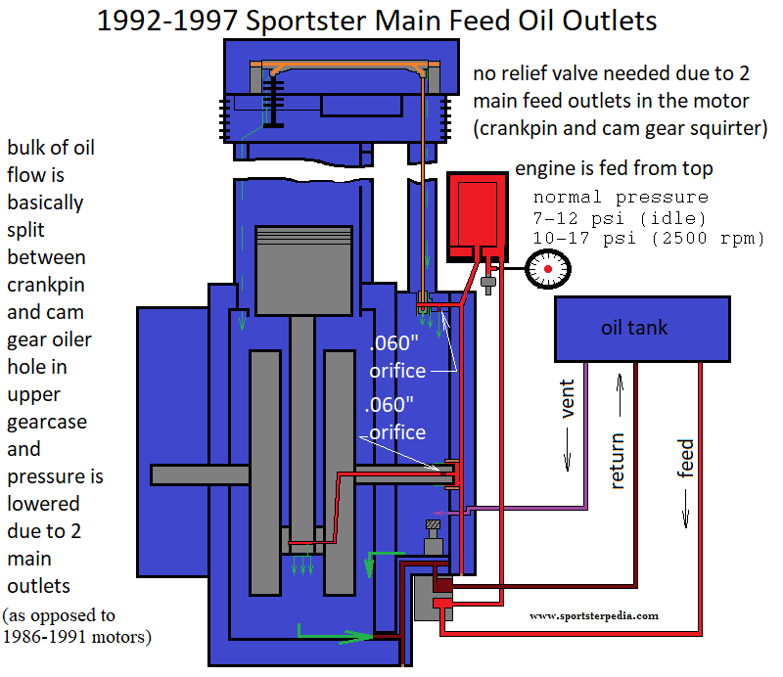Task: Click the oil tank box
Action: point(641,328)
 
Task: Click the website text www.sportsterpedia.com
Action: point(594,616)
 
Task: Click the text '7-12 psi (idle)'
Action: point(620,218)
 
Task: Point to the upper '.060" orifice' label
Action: point(397,358)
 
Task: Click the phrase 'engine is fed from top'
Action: point(614,169)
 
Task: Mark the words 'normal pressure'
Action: point(621,197)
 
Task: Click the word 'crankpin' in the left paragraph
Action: point(46,285)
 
